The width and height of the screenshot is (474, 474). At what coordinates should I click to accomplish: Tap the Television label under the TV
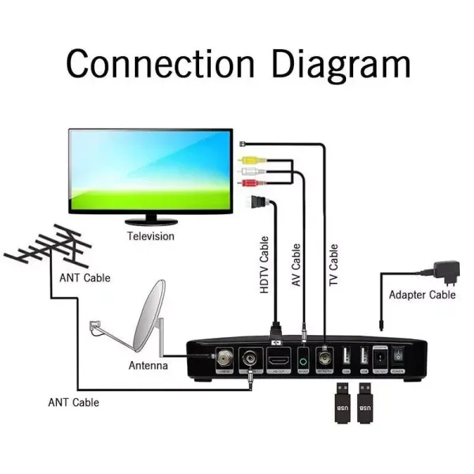[x=151, y=236]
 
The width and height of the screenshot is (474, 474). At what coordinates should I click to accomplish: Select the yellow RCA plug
[x=248, y=158]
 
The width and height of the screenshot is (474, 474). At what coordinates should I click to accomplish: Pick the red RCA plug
[x=248, y=182]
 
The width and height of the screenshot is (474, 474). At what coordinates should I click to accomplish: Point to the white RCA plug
[x=248, y=170]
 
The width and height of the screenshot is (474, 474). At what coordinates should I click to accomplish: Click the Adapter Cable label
[x=422, y=295]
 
